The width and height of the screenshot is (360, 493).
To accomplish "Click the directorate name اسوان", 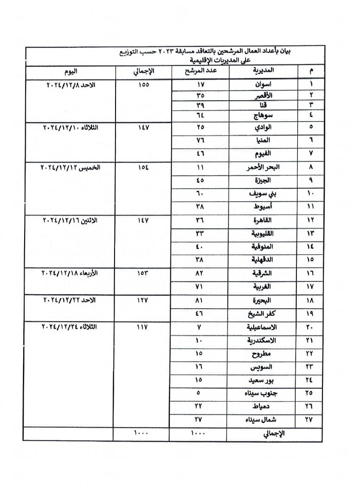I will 263,84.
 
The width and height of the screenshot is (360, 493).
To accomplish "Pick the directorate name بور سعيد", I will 261,381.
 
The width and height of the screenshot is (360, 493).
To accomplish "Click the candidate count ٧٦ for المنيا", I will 200,140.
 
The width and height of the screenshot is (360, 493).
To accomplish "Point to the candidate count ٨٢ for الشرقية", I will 200,273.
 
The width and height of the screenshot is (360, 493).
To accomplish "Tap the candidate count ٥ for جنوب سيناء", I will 200,393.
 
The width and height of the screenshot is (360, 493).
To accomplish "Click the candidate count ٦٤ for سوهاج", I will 200,117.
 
